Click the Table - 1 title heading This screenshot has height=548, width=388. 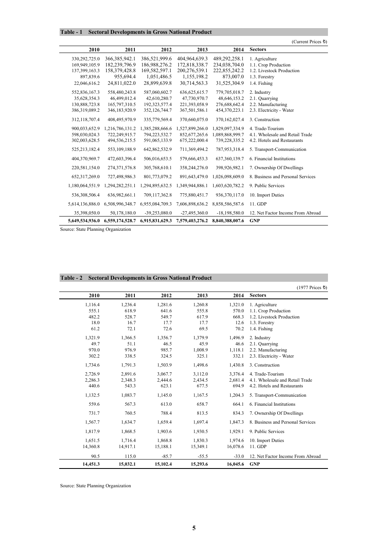tap(136, 32)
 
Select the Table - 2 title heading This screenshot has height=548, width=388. tap(136, 278)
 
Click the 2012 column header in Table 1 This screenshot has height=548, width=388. tap(166, 50)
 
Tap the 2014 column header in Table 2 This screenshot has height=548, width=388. tap(239, 296)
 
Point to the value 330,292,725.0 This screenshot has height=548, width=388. tap(86, 59)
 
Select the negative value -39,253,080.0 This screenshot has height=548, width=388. tap(158, 213)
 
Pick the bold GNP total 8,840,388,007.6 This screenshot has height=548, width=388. tap(228, 221)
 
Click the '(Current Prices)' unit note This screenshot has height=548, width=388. tap(309, 42)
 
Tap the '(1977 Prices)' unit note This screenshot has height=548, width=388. tap(312, 287)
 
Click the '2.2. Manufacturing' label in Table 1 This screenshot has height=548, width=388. tap(268, 104)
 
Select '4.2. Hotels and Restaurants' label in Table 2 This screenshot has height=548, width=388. tap(276, 386)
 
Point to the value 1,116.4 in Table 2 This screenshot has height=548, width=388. tap(92, 305)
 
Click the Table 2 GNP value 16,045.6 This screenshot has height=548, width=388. tap(235, 464)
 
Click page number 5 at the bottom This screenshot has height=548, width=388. tap(194, 528)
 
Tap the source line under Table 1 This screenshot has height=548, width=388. tap(96, 230)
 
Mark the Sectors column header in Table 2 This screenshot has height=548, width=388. tap(258, 296)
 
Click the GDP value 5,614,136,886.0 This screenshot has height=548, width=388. tap(84, 204)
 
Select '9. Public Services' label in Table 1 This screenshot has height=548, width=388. tap(267, 186)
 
